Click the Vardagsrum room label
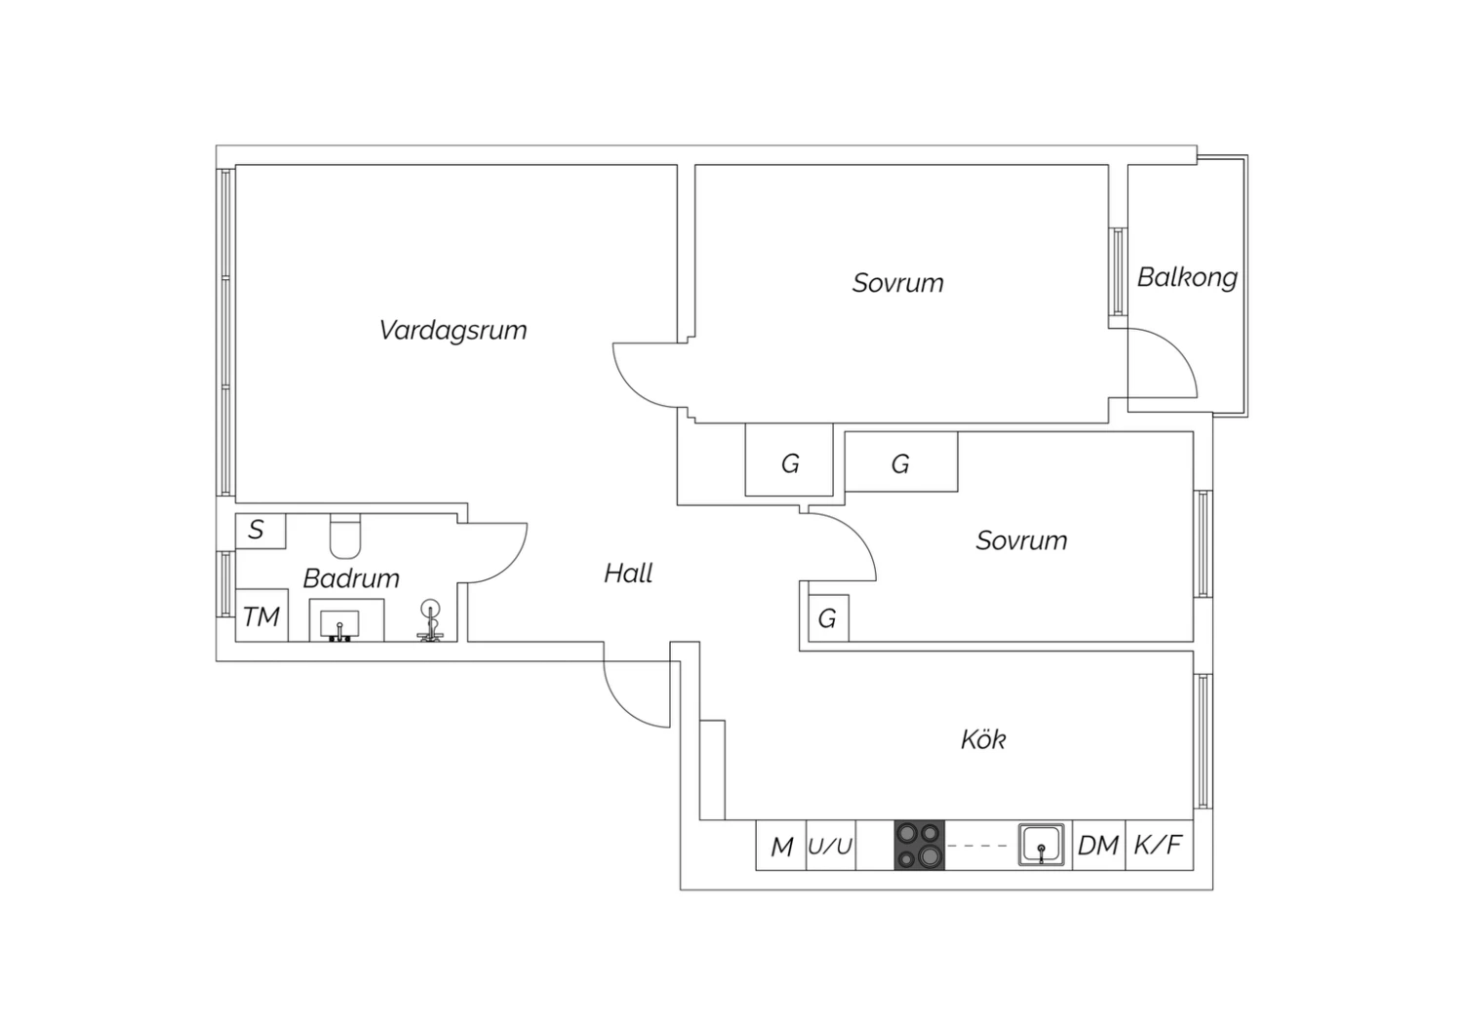(x=453, y=330)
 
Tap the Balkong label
(x=1187, y=277)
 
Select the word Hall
(x=628, y=573)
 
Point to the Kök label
(x=983, y=739)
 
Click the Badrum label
(x=351, y=578)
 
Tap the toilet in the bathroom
(x=345, y=533)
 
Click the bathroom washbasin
(x=339, y=622)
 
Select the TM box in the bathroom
(x=261, y=616)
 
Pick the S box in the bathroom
(x=257, y=530)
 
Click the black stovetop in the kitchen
(x=920, y=846)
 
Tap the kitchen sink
(x=1042, y=845)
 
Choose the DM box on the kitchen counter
(x=1097, y=846)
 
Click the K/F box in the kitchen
(x=1159, y=846)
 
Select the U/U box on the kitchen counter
(x=830, y=846)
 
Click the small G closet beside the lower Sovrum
(x=827, y=617)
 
